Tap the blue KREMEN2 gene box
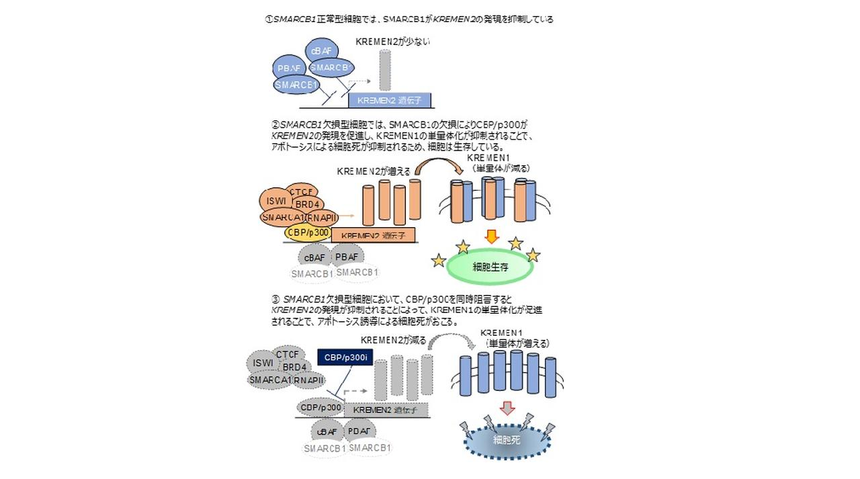coord(390,100)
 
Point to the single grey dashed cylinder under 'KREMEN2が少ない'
coord(384,70)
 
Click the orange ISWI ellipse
coord(276,200)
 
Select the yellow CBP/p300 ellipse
coord(307,232)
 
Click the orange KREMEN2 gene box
coord(374,235)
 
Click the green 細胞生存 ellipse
coord(490,267)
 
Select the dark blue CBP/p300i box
coord(345,357)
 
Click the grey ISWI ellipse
coord(263,363)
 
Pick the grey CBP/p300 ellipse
coord(320,407)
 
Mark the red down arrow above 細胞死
coord(507,408)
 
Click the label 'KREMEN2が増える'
coord(374,171)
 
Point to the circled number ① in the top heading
coord(269,19)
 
